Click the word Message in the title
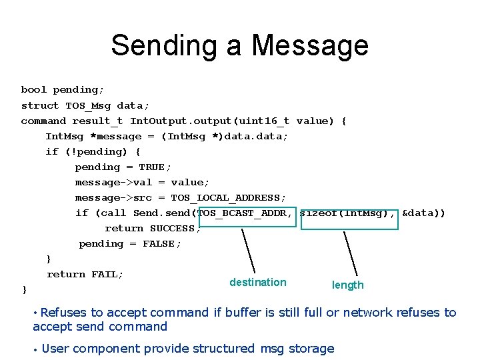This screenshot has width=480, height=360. pyautogui.click(x=310, y=45)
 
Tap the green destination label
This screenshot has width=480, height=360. pyautogui.click(x=257, y=282)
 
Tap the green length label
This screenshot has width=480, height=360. pyautogui.click(x=348, y=285)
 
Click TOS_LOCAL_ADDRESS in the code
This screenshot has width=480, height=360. pyautogui.click(x=228, y=198)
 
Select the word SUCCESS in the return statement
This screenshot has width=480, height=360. pyautogui.click(x=172, y=229)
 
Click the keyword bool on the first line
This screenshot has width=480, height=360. pyautogui.click(x=34, y=90)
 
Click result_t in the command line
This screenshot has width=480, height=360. pyautogui.click(x=97, y=121)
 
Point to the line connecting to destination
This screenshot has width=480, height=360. pyautogui.click(x=247, y=251)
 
